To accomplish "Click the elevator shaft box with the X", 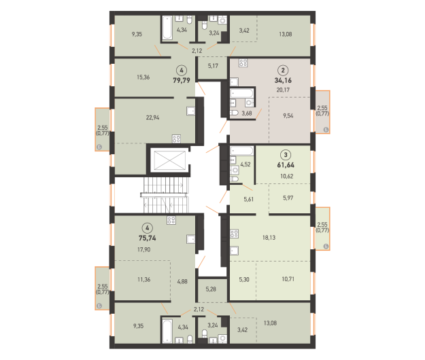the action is [x=170, y=160].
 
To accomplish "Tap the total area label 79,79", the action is [x=182, y=80].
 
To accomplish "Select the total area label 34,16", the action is [x=283, y=80].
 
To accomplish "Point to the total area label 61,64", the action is [x=286, y=165].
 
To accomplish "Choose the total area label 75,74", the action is [x=147, y=238].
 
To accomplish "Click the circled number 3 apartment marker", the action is [x=286, y=155].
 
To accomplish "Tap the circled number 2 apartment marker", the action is [x=283, y=71].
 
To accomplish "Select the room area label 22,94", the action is [x=152, y=118].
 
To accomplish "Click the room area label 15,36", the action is [x=143, y=77].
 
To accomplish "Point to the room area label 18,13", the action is [x=269, y=238].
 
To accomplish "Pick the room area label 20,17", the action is [x=283, y=90].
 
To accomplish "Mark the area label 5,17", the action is [x=213, y=66].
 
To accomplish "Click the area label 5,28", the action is [x=211, y=289].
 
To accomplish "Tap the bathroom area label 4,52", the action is [x=245, y=164].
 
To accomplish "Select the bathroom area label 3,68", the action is [x=247, y=113].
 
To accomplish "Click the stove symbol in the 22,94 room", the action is [x=176, y=139].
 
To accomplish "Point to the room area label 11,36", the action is [x=144, y=279].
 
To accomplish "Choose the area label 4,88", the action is [x=182, y=281].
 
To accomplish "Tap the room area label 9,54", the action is [x=288, y=115].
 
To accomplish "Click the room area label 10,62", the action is [x=287, y=176].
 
